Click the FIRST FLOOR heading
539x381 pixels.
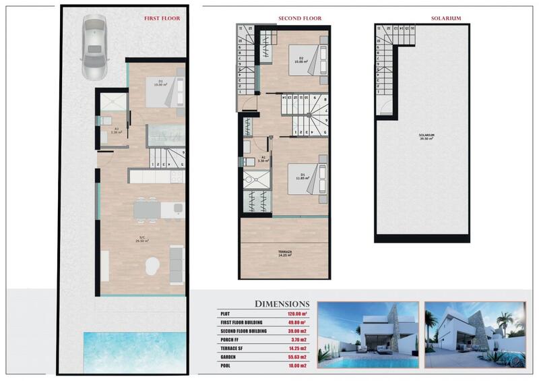pyautogui.click(x=162, y=19)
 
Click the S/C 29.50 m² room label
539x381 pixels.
pyautogui.click(x=142, y=238)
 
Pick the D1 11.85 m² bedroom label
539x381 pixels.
pyautogui.click(x=303, y=177)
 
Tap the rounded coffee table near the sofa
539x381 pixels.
pyautogui.click(x=154, y=264)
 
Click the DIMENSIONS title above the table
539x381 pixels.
pyautogui.click(x=282, y=303)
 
